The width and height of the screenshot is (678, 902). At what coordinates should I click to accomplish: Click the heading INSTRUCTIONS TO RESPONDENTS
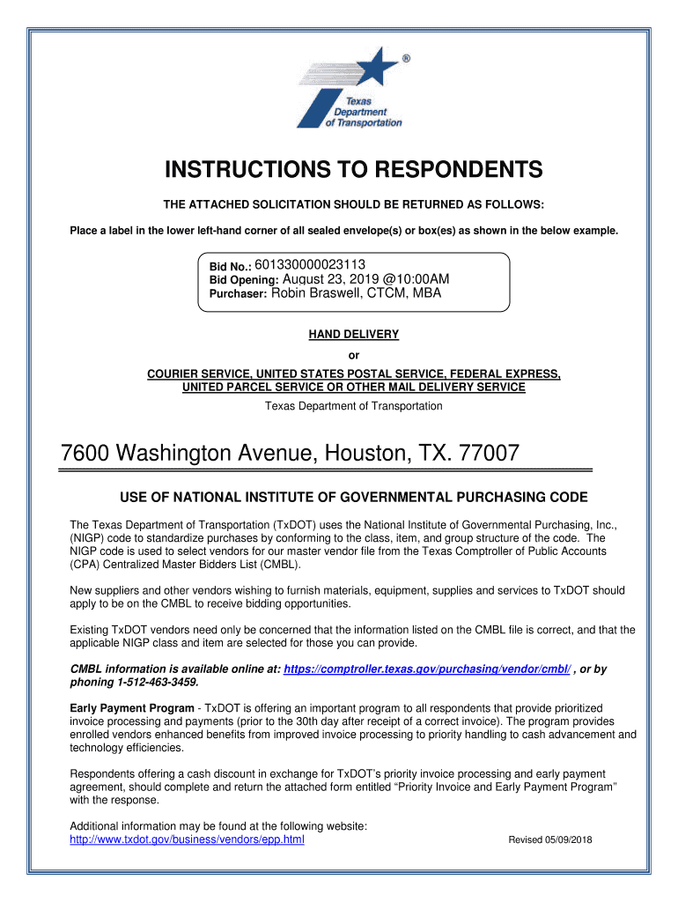353,170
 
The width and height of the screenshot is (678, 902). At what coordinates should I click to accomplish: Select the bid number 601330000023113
310,264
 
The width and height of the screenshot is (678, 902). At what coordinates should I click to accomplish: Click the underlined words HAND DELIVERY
353,335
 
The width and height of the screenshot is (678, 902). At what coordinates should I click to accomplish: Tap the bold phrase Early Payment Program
132,709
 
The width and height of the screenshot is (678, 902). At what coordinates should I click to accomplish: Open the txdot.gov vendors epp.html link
187,839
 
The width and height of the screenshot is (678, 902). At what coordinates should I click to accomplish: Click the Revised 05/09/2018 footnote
550,840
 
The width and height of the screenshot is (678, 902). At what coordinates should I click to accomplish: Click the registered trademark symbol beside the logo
405,58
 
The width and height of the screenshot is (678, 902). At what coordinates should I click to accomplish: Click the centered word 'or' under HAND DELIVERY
354,356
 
